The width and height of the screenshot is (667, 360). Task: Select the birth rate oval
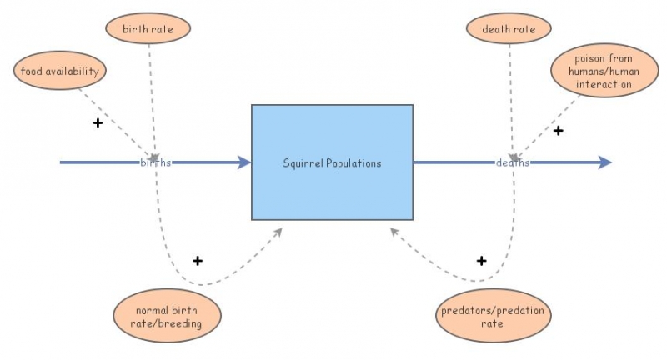click(x=148, y=29)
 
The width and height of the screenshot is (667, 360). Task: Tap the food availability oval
click(x=59, y=72)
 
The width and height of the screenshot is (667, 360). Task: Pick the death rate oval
click(x=509, y=29)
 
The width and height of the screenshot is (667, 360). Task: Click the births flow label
click(x=155, y=162)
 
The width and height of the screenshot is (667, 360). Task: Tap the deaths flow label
click(x=512, y=162)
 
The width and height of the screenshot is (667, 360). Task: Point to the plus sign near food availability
click(x=98, y=123)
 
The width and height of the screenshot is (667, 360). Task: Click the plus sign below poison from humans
click(x=559, y=131)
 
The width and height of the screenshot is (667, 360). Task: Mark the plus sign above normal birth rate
click(x=198, y=261)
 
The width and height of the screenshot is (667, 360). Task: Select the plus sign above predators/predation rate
click(x=481, y=261)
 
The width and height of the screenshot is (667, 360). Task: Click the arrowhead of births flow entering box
click(x=245, y=162)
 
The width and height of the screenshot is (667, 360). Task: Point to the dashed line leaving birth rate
click(x=151, y=92)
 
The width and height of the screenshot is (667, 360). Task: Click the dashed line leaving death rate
click(x=510, y=92)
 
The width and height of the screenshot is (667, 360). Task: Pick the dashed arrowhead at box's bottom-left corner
click(x=279, y=230)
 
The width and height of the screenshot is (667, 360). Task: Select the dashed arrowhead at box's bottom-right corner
click(x=394, y=232)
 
